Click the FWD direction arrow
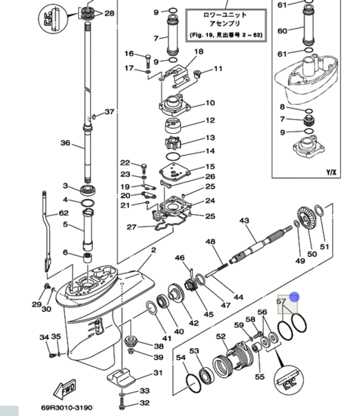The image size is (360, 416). point(65,389)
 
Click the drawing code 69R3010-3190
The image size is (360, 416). point(66,408)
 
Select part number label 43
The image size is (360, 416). point(244,220)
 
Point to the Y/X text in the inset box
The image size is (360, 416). point(331,172)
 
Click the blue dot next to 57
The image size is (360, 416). point(294,297)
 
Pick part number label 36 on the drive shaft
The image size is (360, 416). point(65,143)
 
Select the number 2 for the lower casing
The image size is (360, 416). point(154,250)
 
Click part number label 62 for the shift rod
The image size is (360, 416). point(63,213)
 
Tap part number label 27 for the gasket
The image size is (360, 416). point(132,227)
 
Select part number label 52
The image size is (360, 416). point(221,336)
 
